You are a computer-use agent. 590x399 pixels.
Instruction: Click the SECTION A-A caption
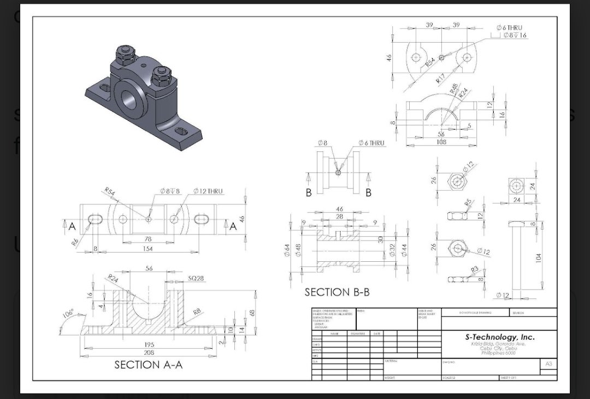[x=148, y=365]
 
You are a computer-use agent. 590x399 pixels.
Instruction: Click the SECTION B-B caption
[x=337, y=292]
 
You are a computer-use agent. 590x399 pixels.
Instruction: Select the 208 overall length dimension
[x=149, y=353]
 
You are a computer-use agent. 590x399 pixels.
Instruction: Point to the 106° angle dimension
[x=68, y=315]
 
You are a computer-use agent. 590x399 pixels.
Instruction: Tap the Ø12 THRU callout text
[x=208, y=191]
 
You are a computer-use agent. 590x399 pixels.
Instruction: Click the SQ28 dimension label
[x=196, y=278]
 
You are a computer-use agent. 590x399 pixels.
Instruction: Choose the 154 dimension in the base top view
[x=147, y=249]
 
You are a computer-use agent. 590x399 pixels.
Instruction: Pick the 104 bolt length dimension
[x=539, y=257]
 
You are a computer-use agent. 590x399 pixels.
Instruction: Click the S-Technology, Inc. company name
[x=499, y=337]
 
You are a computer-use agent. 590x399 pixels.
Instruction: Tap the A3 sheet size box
[x=548, y=363]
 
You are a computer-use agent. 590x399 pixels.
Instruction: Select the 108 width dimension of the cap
[x=441, y=142]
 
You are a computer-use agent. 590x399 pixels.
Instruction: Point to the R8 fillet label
[x=197, y=312]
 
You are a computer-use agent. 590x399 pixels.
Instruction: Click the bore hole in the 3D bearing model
[x=130, y=98]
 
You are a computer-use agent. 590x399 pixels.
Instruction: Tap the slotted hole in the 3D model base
[x=181, y=132]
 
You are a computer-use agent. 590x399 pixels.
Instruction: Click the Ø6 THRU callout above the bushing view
[x=371, y=143]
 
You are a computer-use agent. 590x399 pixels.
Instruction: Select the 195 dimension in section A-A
[x=149, y=345]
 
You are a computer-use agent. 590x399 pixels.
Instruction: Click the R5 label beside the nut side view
[x=468, y=203]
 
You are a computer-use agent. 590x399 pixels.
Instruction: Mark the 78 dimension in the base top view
[x=147, y=239]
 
